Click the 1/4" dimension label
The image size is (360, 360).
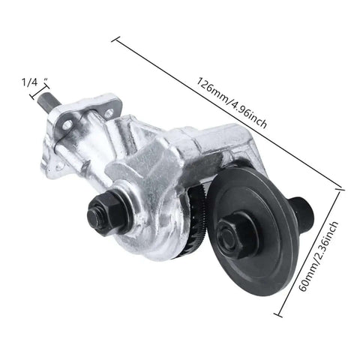[x=35, y=82]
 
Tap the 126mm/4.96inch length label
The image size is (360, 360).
[x=232, y=103]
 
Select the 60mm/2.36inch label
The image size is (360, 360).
[x=318, y=256]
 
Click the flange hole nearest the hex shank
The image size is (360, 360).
[x=67, y=124]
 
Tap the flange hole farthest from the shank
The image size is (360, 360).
[x=109, y=114]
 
